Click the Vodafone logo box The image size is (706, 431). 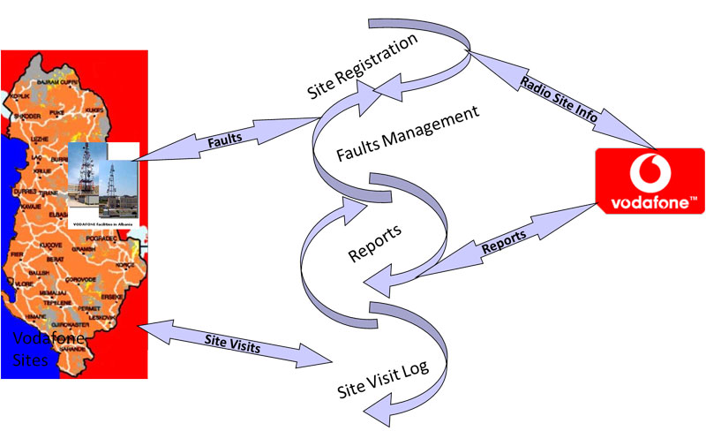[650, 182]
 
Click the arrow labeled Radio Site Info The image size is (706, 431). [562, 102]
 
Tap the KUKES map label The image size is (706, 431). [94, 110]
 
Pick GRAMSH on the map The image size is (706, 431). [85, 249]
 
